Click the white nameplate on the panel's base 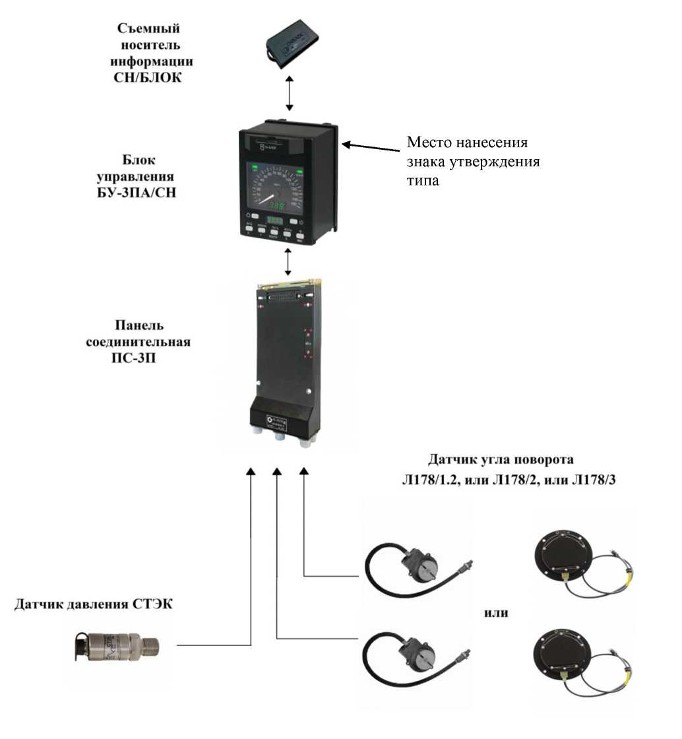tap(278, 420)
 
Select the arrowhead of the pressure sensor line tap(251, 470)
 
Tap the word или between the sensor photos tap(496, 612)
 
